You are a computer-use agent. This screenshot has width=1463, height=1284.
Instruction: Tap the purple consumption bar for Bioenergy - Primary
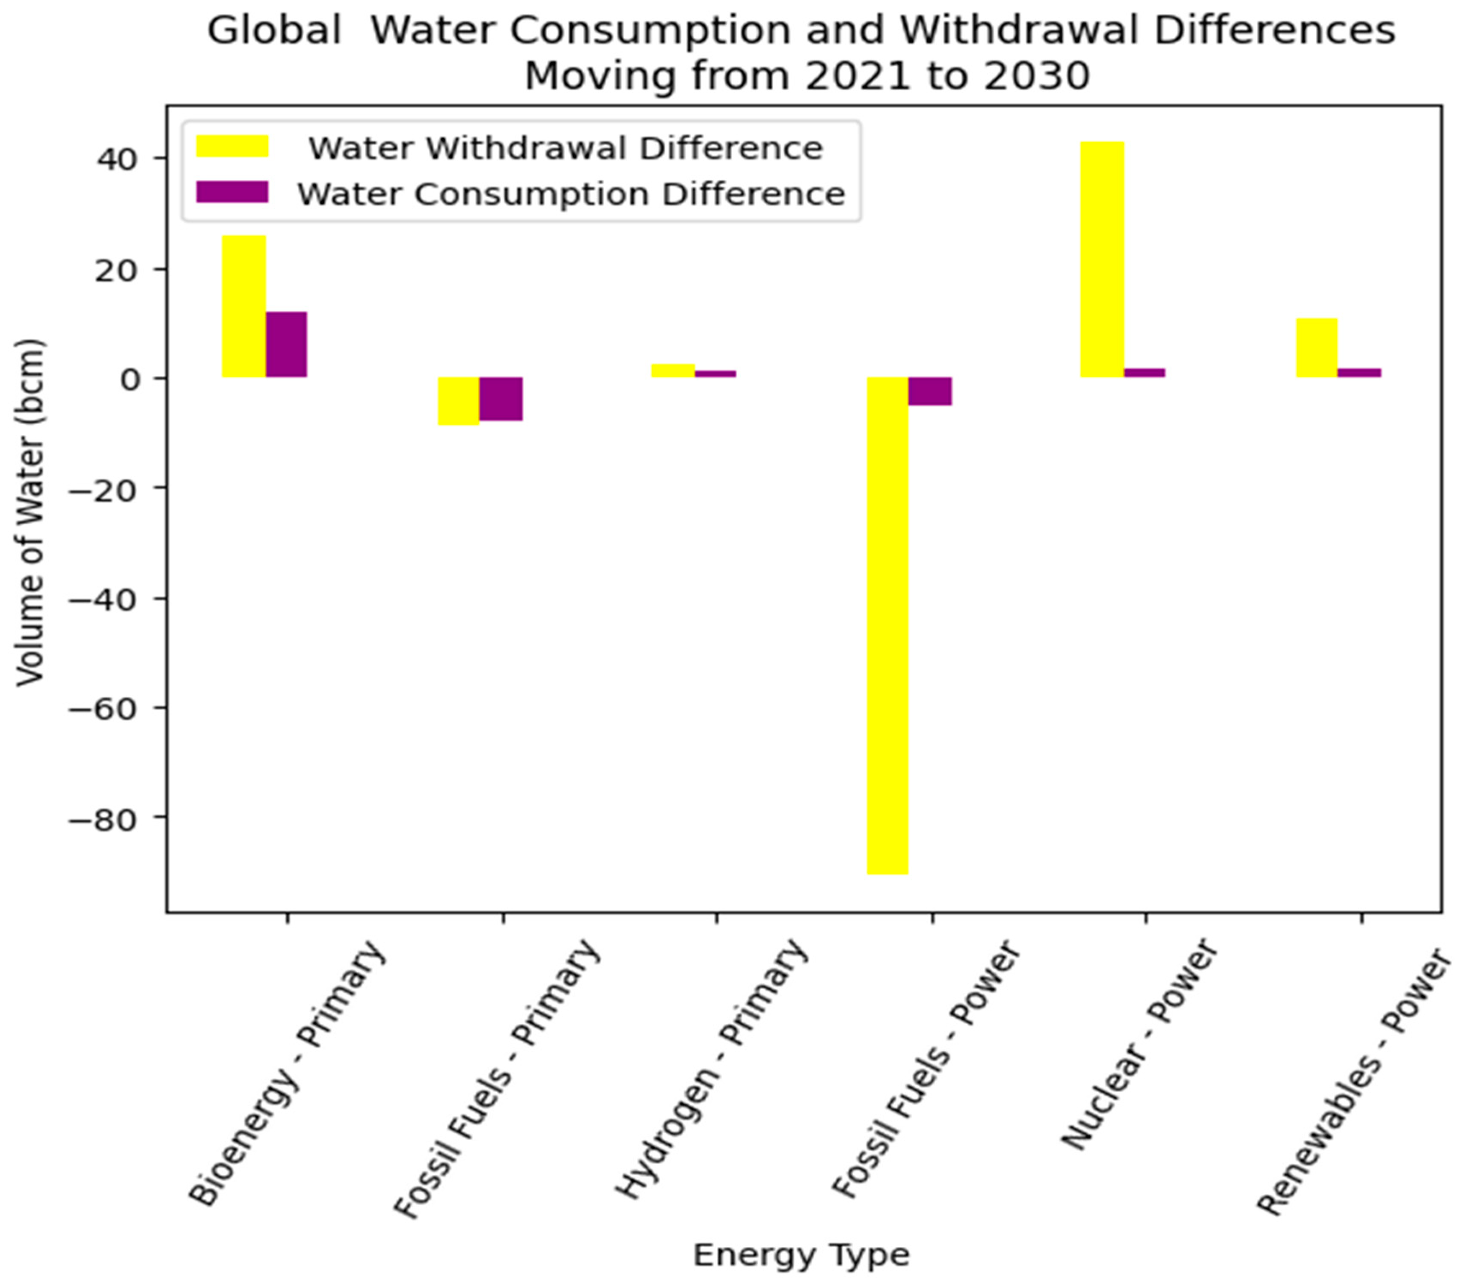(286, 344)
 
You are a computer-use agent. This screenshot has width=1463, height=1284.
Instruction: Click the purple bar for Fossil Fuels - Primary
(501, 398)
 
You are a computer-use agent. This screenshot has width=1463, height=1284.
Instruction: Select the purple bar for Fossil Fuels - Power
(931, 391)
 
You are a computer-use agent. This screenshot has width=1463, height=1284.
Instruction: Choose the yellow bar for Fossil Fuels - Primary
(459, 401)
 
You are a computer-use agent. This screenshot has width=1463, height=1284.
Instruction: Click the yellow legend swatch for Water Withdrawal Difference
(232, 146)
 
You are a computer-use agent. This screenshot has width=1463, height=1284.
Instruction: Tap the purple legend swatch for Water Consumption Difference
(232, 192)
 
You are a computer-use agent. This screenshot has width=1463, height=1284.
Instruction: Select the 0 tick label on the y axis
(131, 379)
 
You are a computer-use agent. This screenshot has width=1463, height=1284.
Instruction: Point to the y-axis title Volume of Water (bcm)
(30, 512)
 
